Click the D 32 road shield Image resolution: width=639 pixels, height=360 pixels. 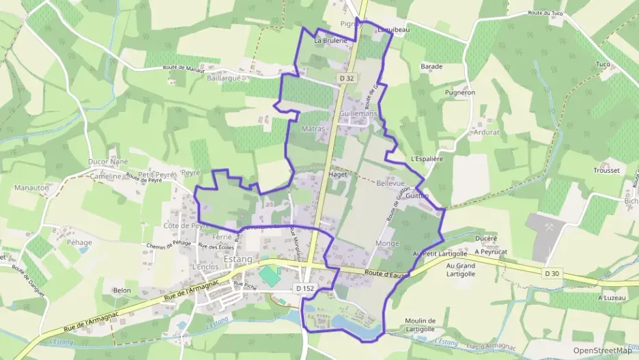(x=347, y=79)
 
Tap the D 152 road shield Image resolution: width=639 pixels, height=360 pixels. (x=304, y=288)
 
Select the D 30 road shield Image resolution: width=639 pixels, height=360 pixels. (x=552, y=274)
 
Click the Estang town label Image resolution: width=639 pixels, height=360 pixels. (x=238, y=260)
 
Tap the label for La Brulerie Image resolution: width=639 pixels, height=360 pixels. (x=330, y=40)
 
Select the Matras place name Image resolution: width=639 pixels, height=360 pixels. (x=313, y=128)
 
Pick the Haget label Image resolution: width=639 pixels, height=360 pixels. (x=338, y=174)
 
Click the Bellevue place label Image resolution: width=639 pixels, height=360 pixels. (x=390, y=184)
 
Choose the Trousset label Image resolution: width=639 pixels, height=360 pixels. (x=606, y=170)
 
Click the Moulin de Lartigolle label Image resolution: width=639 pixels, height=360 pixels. (x=420, y=324)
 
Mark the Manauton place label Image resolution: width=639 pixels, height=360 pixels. (x=31, y=186)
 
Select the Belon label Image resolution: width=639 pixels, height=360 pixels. (x=122, y=290)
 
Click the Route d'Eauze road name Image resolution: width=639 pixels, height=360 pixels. (x=386, y=273)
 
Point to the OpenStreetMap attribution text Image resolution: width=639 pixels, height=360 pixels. (x=602, y=350)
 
